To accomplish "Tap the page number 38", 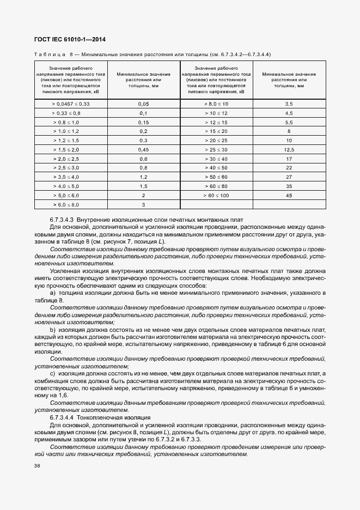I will (x=37, y=466).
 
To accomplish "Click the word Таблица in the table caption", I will (x=50, y=54).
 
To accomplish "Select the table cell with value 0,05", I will (x=143, y=103).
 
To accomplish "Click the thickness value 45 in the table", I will (x=289, y=195).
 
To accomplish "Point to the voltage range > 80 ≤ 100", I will (x=216, y=195).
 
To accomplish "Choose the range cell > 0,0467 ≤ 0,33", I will (x=71, y=103).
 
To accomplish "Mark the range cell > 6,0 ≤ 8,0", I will (x=71, y=204).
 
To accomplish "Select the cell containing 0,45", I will (x=143, y=149).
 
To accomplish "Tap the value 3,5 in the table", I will (x=289, y=103).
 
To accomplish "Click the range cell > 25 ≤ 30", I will (x=216, y=149).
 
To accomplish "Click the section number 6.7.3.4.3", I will (x=65, y=219).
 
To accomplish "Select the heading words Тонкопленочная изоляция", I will (x=115, y=416).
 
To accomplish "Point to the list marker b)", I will (x=53, y=330).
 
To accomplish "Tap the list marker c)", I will (x=53, y=373).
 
